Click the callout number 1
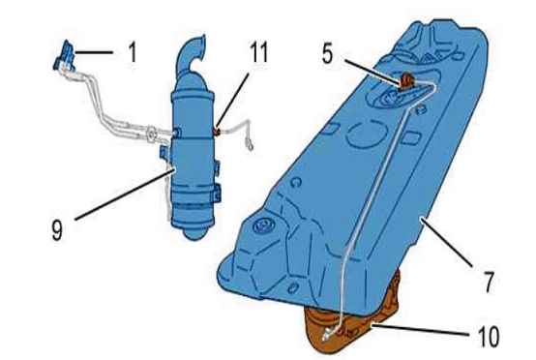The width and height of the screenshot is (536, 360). (x=133, y=52)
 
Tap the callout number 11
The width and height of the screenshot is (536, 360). (x=258, y=52)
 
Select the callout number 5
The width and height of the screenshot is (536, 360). (x=327, y=53)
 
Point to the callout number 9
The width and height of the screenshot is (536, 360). (x=57, y=230)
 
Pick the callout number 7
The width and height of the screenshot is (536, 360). (x=489, y=282)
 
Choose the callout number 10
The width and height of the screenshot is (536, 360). (x=489, y=337)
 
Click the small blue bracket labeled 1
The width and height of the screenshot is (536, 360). (x=65, y=56)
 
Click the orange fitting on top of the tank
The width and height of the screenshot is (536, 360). (x=406, y=80)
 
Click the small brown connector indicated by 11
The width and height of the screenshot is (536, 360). (x=217, y=131)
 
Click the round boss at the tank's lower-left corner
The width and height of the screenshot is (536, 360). (x=263, y=225)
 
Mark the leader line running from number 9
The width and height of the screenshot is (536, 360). (x=125, y=194)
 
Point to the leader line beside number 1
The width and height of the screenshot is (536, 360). (x=94, y=52)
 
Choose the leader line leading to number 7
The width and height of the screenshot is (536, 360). (x=446, y=242)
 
